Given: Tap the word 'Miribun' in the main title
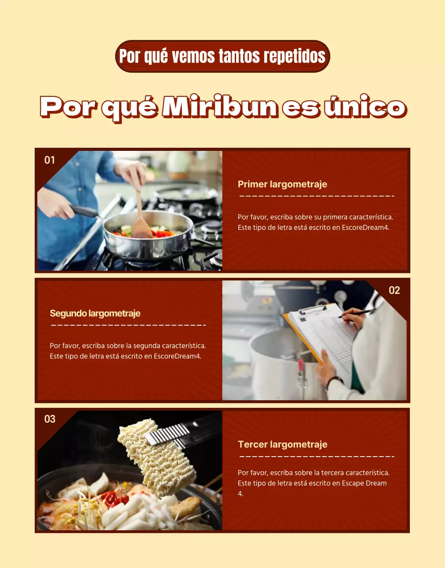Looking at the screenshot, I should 220,107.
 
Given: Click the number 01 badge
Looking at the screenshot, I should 50,160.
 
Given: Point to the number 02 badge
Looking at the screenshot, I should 394,290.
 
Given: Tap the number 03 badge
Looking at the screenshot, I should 50,419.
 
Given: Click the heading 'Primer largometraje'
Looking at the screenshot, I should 282,184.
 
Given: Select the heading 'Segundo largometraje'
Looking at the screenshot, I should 95,313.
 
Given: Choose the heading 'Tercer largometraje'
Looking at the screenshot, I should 282,444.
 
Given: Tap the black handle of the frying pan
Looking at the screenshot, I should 83,210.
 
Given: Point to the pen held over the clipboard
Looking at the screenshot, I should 356,314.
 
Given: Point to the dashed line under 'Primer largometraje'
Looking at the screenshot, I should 317,196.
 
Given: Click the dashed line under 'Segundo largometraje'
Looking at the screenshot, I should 128,325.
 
